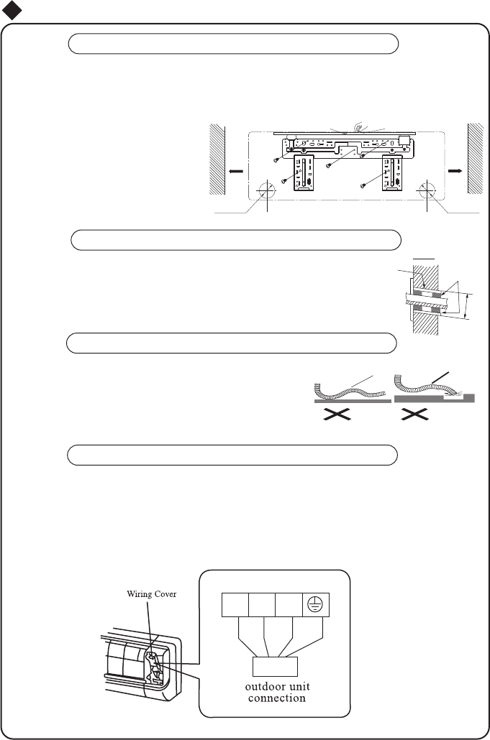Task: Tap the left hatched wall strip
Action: (x=217, y=158)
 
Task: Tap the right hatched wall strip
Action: (x=477, y=158)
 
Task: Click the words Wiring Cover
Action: (x=152, y=593)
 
